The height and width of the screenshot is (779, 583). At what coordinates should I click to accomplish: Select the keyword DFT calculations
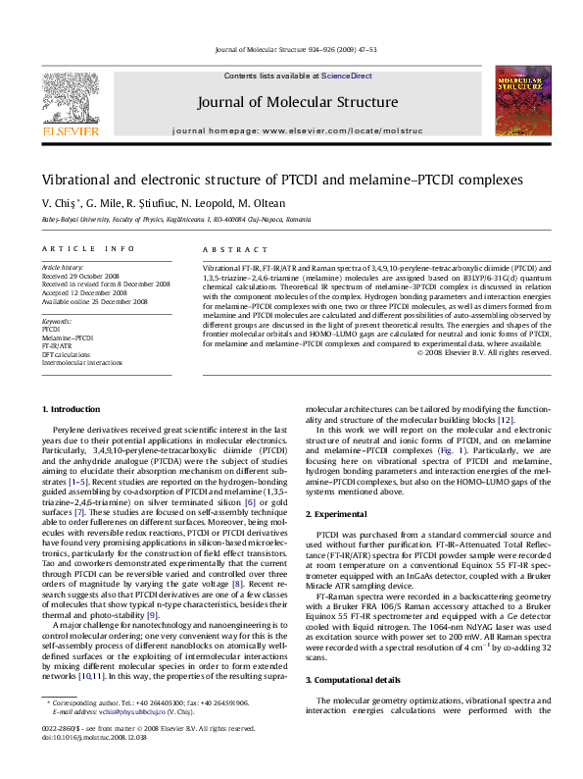pos(67,354)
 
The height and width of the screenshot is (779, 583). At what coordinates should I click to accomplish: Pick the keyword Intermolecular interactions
pos(75,362)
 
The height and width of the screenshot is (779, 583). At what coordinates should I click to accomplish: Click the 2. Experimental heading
pos(336,514)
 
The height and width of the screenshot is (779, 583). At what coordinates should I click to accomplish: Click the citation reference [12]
pos(506,419)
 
